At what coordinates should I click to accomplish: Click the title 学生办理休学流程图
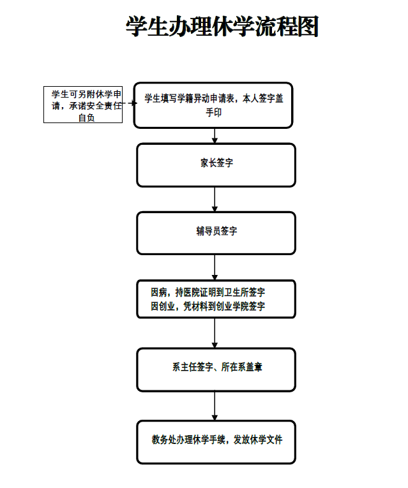pos(222,27)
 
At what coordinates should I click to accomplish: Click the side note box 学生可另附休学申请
pos(83,105)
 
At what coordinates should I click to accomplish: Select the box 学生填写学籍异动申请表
pos(213,105)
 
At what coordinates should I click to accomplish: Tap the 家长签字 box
pos(216,164)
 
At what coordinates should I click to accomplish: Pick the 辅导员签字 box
pos(216,232)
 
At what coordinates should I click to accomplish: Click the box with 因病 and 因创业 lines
pos(216,299)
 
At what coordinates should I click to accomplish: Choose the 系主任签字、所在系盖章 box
pos(216,368)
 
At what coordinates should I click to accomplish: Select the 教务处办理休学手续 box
pos(216,441)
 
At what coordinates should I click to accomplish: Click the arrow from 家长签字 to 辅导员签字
pos(215,199)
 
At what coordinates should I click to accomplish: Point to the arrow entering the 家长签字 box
pos(215,135)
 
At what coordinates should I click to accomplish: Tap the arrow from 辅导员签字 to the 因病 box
pos(215,267)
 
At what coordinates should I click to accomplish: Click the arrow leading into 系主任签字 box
pos(215,333)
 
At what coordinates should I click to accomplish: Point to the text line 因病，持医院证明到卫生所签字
pos(208,292)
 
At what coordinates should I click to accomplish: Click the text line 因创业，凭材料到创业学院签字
pos(208,307)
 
